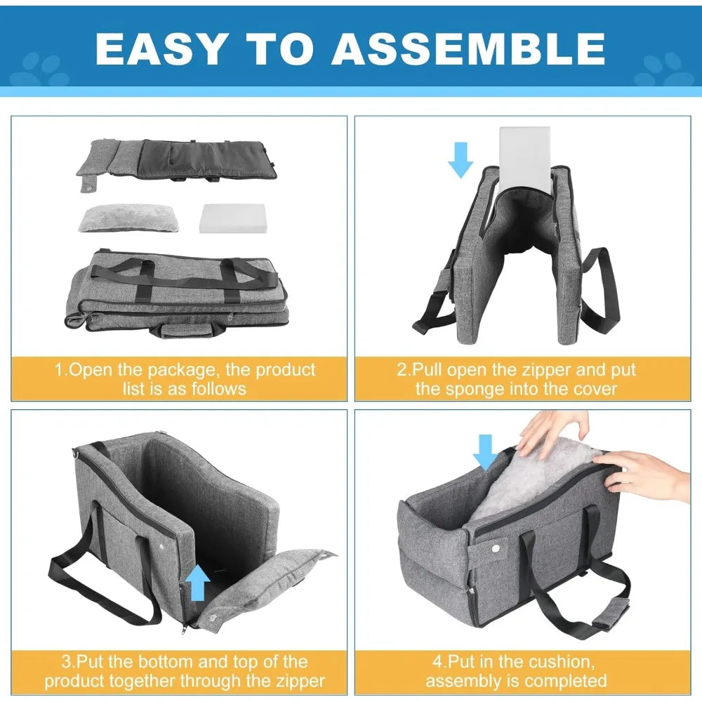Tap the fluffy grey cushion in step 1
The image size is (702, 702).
128,218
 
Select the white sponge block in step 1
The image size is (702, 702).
233,218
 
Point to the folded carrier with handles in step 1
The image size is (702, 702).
177,293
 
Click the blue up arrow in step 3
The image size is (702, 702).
197,582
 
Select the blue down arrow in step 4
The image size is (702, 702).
485,452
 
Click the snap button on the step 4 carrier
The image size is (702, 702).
495,548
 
